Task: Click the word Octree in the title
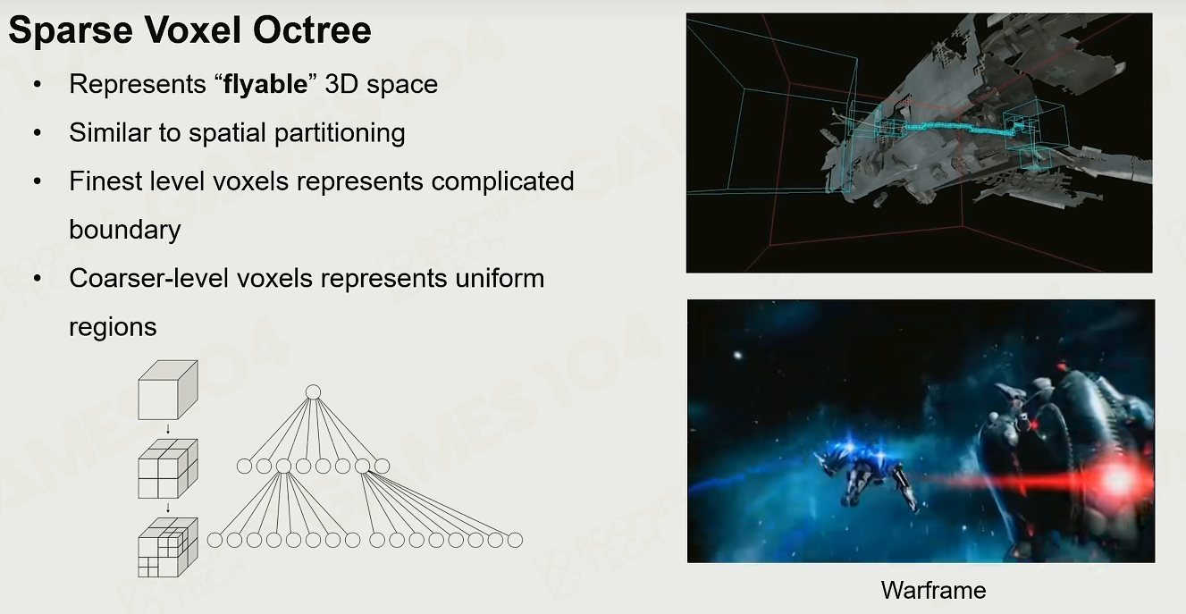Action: click(312, 30)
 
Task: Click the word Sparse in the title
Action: click(71, 30)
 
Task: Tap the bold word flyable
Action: click(265, 85)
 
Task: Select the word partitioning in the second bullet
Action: click(340, 133)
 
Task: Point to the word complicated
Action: click(502, 181)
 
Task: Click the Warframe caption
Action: click(933, 590)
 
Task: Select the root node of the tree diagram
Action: click(313, 392)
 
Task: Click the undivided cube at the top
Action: click(168, 390)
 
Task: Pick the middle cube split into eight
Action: click(168, 468)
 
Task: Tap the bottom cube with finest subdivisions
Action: click(168, 547)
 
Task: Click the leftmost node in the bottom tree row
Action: click(214, 540)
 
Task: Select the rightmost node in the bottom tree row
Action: click(515, 540)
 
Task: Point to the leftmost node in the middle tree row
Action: click(244, 467)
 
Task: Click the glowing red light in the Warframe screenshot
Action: click(1118, 480)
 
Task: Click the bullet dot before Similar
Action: click(37, 133)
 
